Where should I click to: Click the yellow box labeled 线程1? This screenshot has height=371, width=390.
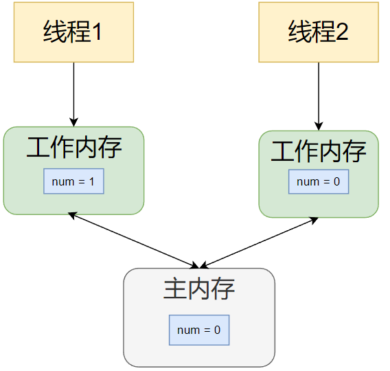[73, 32]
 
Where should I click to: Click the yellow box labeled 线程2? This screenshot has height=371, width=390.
[318, 32]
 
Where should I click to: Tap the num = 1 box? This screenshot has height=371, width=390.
[73, 181]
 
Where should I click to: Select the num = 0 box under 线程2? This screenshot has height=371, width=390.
[318, 181]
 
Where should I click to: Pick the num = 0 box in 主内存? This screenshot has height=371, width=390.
[198, 330]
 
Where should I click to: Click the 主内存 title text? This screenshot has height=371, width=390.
[199, 289]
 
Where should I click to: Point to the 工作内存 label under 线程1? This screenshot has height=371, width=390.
[74, 147]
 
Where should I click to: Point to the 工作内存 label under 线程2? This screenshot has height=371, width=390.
[319, 151]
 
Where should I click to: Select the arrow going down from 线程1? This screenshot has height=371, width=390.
[73, 93]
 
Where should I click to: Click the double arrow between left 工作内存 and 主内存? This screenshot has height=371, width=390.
[133, 240]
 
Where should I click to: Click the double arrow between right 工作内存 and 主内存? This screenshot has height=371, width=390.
[259, 243]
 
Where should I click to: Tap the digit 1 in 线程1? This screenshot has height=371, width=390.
[97, 32]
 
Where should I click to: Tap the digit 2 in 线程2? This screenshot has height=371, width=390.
[341, 32]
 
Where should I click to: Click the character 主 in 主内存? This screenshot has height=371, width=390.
[174, 289]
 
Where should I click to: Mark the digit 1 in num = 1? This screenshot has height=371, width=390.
[93, 181]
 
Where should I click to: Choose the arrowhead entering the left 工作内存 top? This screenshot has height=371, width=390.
[73, 122]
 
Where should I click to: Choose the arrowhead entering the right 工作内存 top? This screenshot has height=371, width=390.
[318, 125]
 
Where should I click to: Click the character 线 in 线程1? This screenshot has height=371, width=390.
[54, 32]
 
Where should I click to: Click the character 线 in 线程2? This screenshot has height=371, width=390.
[299, 32]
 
